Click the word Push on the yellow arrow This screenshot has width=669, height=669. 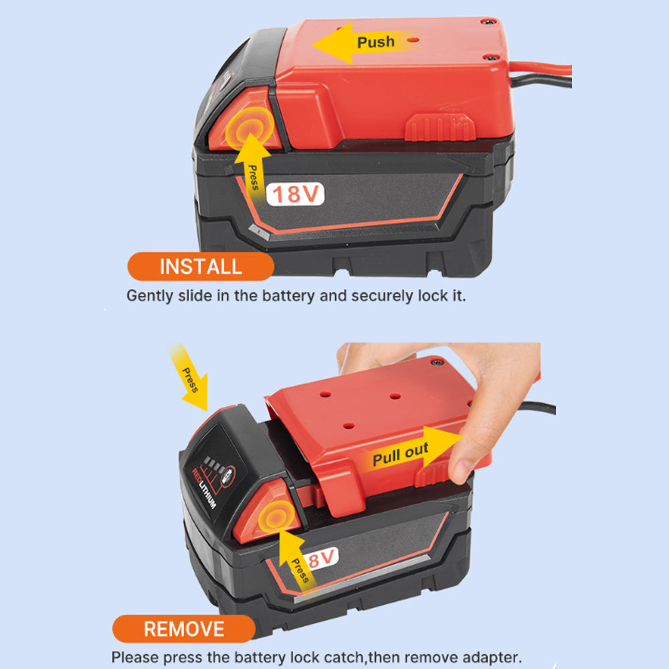(x=375, y=41)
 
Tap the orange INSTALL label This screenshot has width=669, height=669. (x=201, y=266)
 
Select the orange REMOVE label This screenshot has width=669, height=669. (x=184, y=628)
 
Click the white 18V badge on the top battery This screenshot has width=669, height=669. (x=295, y=194)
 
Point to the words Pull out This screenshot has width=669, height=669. (x=400, y=455)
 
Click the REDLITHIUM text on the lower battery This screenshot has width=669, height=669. (x=204, y=487)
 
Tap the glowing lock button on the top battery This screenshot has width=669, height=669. (x=250, y=128)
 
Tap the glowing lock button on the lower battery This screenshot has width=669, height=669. (x=278, y=516)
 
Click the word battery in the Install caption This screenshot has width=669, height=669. (x=288, y=296)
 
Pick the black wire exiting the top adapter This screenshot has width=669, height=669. (x=541, y=80)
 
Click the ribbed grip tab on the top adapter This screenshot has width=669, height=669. (x=440, y=127)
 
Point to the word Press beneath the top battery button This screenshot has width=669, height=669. (x=254, y=177)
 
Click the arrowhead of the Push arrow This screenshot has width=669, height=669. (x=332, y=43)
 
